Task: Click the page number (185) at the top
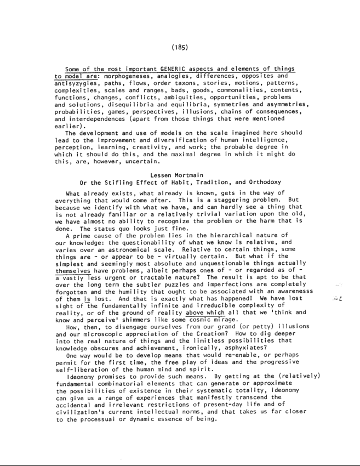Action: [180, 47]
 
